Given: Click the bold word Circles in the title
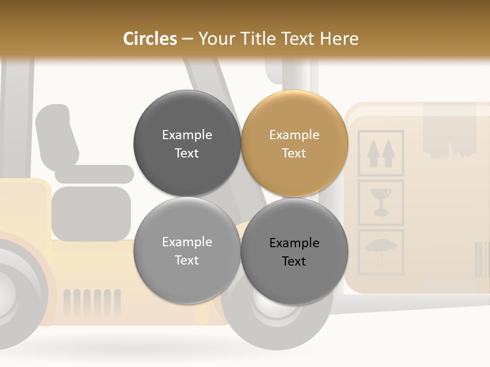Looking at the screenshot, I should pos(150,39).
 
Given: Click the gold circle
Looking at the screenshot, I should pos(295,144).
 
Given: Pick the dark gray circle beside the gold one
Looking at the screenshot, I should pos(187,144).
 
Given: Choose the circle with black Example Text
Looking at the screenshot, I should pos(295,251).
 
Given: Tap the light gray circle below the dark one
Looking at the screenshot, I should pos(187,251).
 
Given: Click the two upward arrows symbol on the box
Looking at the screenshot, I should pos(381,153).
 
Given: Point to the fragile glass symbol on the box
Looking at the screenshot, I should pos(381,202).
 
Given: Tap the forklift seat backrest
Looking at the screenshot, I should pos(56,133).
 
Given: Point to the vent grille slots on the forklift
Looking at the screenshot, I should pos(92,302).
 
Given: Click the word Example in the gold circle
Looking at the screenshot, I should pos(295,135).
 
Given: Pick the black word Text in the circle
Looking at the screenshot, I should pos(295,261).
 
